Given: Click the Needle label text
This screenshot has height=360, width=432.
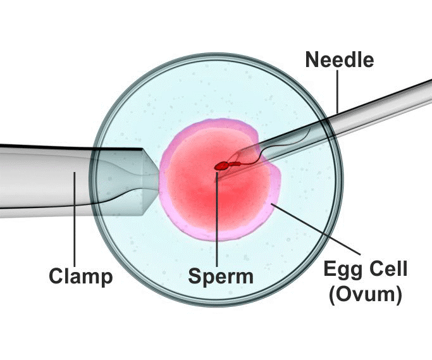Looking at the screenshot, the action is pyautogui.click(x=340, y=60).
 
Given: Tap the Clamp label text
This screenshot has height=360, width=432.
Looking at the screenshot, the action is pyautogui.click(x=81, y=276).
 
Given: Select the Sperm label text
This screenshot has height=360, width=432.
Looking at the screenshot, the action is pyautogui.click(x=221, y=276).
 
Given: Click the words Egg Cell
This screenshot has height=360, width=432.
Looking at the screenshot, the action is pyautogui.click(x=366, y=270).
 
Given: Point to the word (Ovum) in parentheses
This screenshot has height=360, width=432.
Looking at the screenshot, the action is pyautogui.click(x=366, y=295).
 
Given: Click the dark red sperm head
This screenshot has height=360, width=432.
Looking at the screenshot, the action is pyautogui.click(x=221, y=166).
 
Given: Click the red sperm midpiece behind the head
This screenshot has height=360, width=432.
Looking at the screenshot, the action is pyautogui.click(x=235, y=164).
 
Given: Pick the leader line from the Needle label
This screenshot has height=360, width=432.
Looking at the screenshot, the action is pyautogui.click(x=338, y=92).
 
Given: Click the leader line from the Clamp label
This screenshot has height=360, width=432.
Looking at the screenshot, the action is pyautogui.click(x=75, y=220).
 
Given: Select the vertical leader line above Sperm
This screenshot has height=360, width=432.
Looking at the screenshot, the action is pyautogui.click(x=217, y=219).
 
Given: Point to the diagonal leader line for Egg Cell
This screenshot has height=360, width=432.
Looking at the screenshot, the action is pyautogui.click(x=316, y=229).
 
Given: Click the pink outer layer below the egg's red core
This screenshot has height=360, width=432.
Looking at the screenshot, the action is pyautogui.click(x=218, y=235).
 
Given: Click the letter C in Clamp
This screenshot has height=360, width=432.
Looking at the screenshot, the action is pyautogui.click(x=56, y=276).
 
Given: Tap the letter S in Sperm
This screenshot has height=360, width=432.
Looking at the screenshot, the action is pyautogui.click(x=195, y=276).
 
